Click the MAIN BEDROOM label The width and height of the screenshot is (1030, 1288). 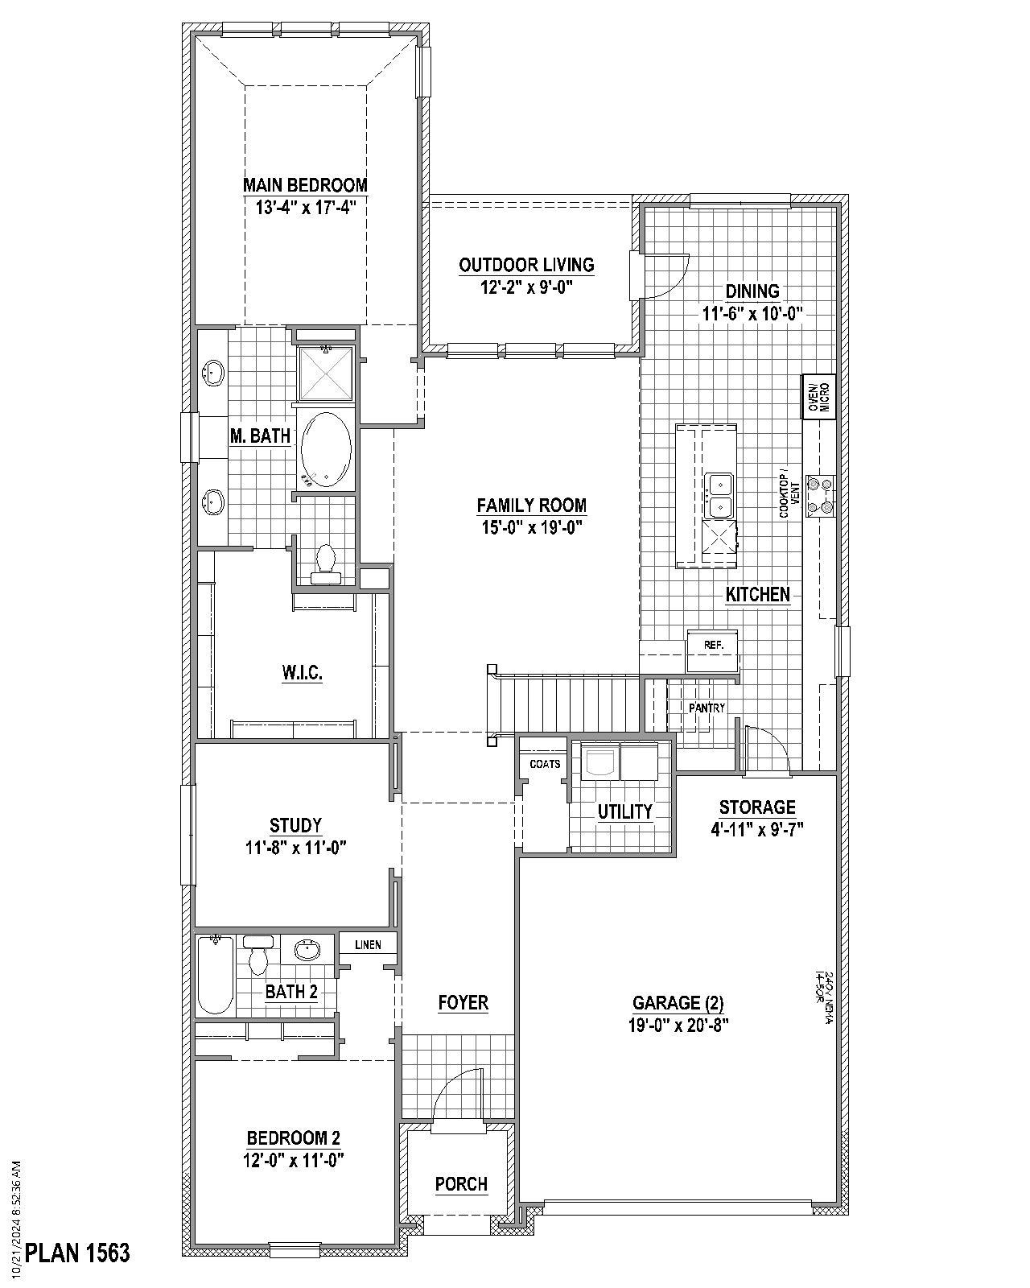(305, 185)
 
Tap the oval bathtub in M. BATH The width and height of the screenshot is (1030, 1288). (325, 450)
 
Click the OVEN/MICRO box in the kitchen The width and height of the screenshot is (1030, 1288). (818, 396)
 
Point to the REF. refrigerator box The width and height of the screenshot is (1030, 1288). (712, 645)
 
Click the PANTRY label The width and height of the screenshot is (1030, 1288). (707, 708)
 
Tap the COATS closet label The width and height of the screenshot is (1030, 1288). (545, 763)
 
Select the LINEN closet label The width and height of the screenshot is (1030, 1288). (368, 944)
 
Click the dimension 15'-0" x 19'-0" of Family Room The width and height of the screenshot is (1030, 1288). (530, 527)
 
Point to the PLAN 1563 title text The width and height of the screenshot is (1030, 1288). (77, 1253)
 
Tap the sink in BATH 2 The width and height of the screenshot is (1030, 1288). (307, 951)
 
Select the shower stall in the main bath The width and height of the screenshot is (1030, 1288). (326, 373)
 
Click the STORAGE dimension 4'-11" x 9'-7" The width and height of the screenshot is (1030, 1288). (757, 828)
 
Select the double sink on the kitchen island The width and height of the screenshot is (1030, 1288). (719, 496)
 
